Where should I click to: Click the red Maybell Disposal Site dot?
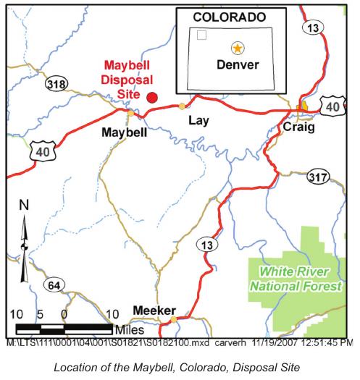[152, 97]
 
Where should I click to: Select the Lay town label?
[198, 120]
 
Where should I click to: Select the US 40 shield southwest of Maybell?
[40, 151]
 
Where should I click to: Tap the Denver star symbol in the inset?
[237, 48]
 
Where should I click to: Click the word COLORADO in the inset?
[229, 17]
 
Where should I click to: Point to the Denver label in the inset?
[237, 64]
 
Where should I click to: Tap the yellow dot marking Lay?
[182, 106]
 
